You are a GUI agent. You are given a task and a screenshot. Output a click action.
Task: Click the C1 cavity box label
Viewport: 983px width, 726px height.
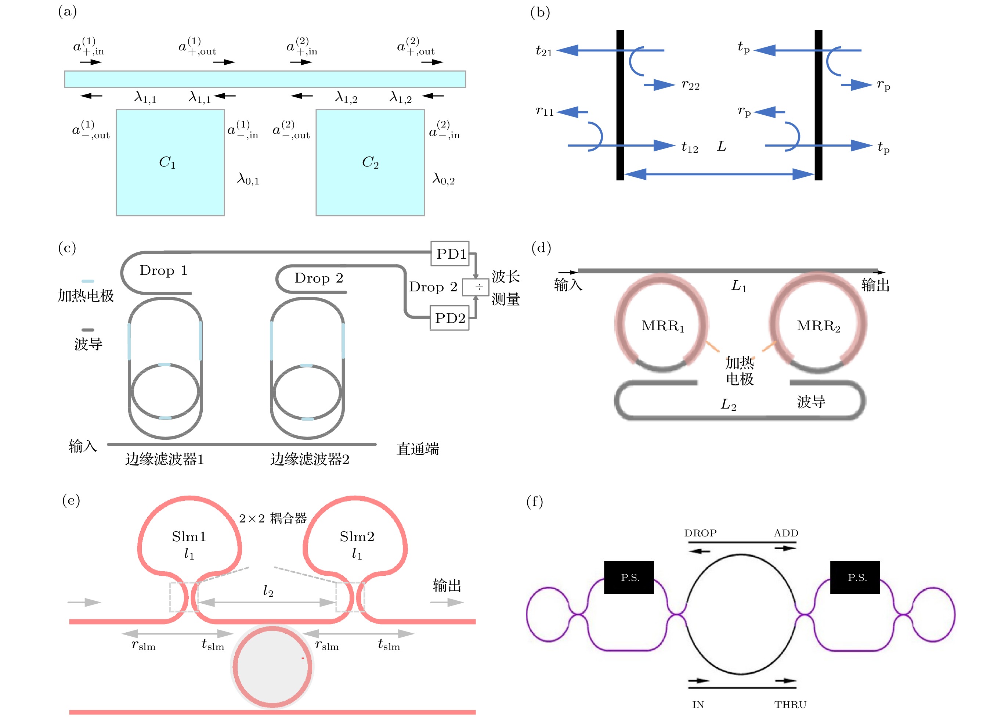167,163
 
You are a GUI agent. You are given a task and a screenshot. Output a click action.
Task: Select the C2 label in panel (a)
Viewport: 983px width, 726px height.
370,163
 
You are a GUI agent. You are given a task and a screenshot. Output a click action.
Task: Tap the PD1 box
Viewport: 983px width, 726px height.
450,254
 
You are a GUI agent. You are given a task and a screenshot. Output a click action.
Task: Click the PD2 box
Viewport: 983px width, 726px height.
449,318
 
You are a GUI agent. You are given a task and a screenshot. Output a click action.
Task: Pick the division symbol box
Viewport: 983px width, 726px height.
476,287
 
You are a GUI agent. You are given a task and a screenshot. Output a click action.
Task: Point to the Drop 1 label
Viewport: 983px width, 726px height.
163,270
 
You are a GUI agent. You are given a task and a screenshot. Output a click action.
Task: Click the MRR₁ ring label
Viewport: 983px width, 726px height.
663,326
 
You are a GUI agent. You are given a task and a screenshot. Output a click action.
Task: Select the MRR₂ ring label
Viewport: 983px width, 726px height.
818,326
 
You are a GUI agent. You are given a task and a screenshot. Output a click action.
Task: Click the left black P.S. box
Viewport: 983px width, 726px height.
629,578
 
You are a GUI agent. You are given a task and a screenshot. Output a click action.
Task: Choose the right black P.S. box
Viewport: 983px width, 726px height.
855,578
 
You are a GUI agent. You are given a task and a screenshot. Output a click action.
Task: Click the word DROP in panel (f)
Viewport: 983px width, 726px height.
700,533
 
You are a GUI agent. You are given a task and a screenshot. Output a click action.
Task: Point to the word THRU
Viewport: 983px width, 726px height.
790,705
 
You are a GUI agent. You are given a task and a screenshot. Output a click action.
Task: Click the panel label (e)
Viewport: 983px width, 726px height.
71,500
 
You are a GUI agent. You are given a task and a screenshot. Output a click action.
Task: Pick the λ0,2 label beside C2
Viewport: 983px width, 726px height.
444,179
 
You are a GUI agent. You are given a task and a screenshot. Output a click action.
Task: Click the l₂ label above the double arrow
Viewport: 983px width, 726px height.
268,591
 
